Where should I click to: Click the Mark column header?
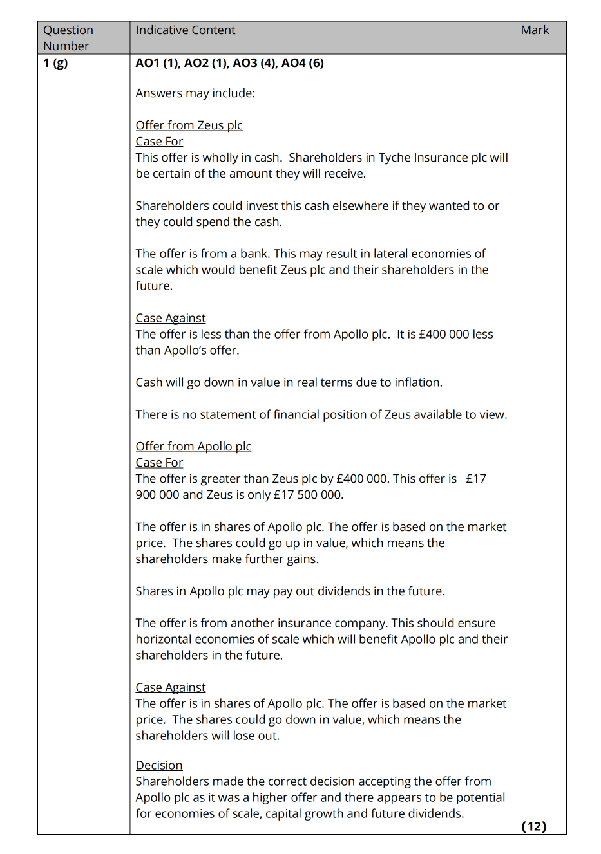click(x=535, y=30)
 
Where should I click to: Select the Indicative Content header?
click(x=185, y=30)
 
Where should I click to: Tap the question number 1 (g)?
click(x=55, y=63)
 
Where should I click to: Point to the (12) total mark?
click(x=533, y=826)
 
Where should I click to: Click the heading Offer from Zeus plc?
click(x=189, y=125)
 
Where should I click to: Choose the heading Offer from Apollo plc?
click(x=193, y=447)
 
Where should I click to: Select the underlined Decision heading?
click(x=159, y=765)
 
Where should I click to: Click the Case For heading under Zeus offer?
click(x=159, y=142)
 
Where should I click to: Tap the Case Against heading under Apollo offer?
click(x=171, y=687)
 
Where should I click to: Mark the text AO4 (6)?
click(x=303, y=63)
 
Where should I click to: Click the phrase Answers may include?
click(x=195, y=93)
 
